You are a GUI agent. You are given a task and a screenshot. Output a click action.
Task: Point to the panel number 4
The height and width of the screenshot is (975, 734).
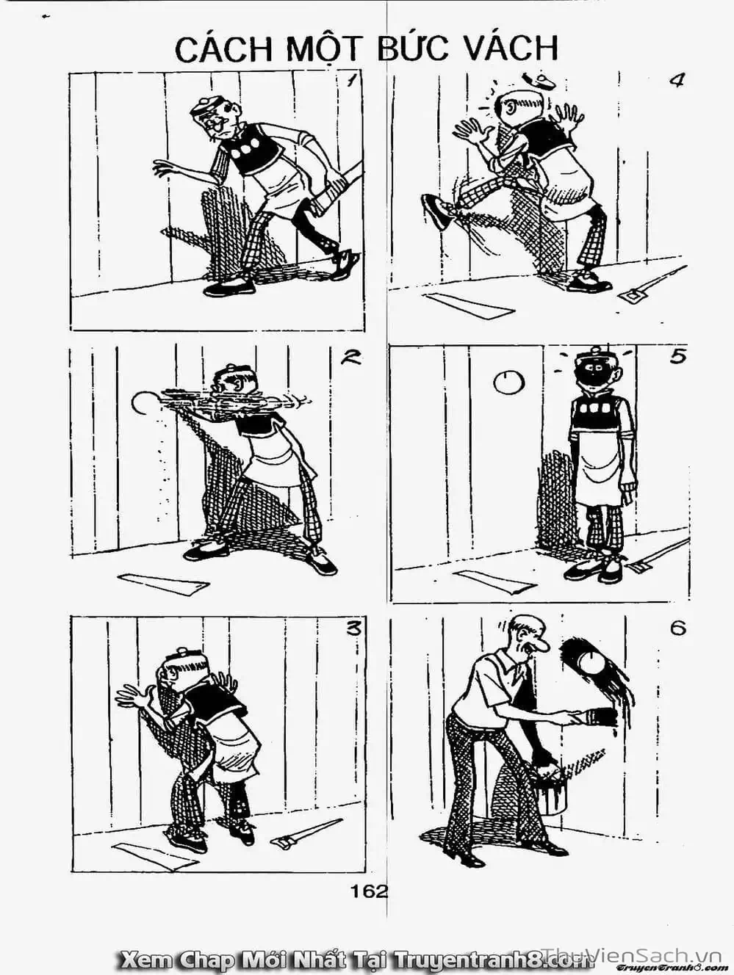pyautogui.click(x=676, y=81)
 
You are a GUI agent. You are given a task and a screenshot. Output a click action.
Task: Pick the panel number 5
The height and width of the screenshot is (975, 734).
pyautogui.click(x=677, y=357)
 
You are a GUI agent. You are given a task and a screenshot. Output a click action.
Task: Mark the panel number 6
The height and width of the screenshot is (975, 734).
pyautogui.click(x=677, y=629)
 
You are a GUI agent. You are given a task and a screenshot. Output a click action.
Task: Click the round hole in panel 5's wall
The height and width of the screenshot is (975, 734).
pyautogui.click(x=509, y=383)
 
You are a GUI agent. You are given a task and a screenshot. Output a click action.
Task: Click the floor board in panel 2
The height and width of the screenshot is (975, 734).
pyautogui.click(x=163, y=583)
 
